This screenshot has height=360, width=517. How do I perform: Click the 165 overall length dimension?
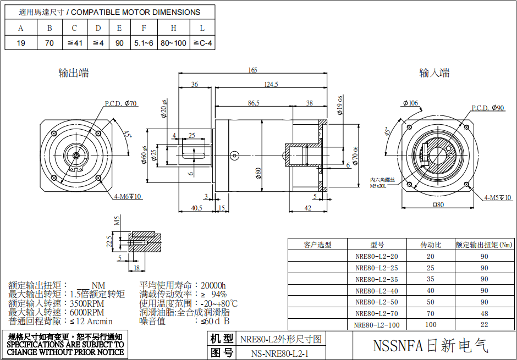252,70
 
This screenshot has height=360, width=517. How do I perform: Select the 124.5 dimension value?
271,84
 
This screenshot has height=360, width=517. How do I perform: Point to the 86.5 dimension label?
254,103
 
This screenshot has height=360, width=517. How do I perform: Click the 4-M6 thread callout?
127,196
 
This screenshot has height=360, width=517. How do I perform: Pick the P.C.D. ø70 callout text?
121,103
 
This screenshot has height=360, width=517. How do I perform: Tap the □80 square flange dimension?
438,205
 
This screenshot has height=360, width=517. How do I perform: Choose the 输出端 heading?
74,73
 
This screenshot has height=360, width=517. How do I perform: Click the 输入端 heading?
434,73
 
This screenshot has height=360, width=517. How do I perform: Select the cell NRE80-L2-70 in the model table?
377,313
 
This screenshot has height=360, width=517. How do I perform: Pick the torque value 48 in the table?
485,313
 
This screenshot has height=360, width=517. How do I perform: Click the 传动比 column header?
431,245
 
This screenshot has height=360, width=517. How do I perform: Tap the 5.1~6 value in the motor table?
144,43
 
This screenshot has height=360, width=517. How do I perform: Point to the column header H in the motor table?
173,28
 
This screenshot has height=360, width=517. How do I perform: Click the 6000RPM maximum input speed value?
87,312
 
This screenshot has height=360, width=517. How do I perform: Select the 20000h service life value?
213,285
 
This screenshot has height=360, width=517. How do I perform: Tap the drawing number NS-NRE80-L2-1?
279,353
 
